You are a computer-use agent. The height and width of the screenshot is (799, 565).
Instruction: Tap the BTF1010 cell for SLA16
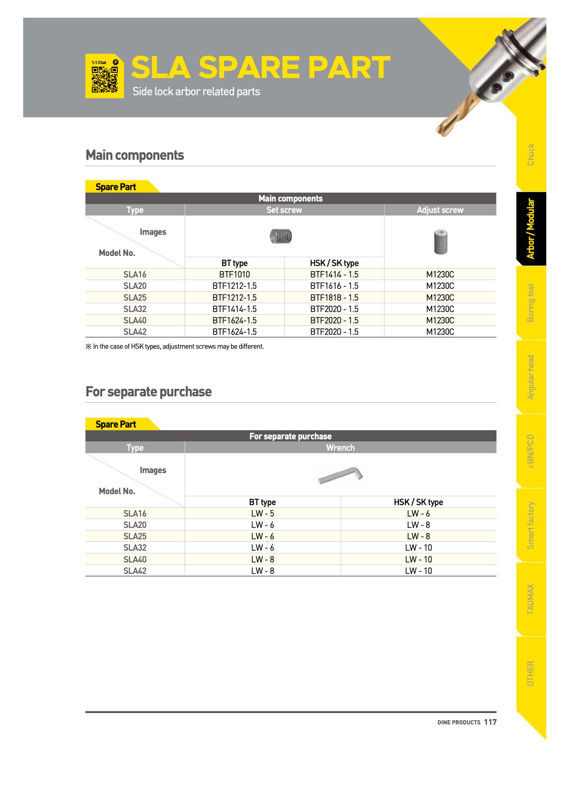(234, 274)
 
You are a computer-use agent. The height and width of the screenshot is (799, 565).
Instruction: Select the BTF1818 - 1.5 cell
(334, 298)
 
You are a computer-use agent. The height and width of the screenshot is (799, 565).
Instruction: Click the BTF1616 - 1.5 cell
(334, 286)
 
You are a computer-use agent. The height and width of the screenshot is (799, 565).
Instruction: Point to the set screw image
(281, 237)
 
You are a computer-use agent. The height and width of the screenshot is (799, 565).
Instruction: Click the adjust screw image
(440, 242)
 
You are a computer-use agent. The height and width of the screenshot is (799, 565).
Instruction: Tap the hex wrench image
(341, 475)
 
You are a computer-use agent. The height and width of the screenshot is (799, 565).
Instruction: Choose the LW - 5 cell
(262, 514)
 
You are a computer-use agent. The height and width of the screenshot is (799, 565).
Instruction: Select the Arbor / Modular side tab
(531, 229)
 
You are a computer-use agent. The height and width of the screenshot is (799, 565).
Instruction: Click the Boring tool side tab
(531, 303)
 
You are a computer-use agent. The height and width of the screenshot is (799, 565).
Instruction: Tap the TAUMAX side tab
(531, 599)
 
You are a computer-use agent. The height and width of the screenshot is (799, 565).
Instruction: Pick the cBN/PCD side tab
(531, 451)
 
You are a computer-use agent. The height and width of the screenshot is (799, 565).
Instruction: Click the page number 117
(490, 722)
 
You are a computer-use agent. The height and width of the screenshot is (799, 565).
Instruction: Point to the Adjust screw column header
(440, 210)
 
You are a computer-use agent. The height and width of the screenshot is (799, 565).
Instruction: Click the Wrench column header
(340, 448)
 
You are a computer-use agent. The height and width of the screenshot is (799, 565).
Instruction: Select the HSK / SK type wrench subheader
(418, 502)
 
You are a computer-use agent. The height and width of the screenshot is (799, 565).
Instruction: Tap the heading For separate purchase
(148, 392)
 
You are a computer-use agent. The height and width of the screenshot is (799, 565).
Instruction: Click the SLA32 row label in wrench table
(135, 548)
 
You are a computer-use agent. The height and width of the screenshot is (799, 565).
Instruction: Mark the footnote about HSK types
(175, 347)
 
